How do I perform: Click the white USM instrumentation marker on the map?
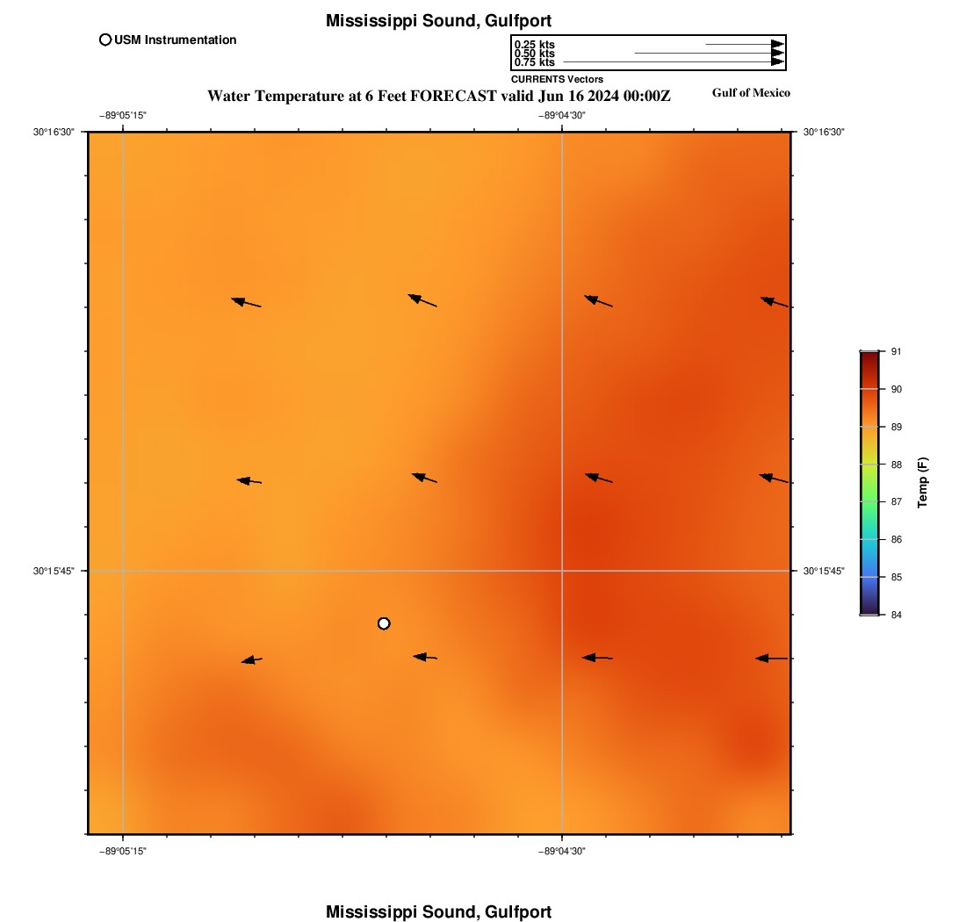[x=384, y=623]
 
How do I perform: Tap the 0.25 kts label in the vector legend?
[x=534, y=45]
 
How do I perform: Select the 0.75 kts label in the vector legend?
[x=534, y=62]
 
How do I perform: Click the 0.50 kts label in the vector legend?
[x=534, y=54]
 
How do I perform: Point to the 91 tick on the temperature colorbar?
[x=896, y=351]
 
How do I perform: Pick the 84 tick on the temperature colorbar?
[x=896, y=615]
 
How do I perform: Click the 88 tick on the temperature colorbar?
[x=896, y=465]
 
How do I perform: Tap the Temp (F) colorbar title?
[x=923, y=483]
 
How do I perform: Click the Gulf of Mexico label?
[x=751, y=93]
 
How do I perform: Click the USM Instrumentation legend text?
[x=175, y=40]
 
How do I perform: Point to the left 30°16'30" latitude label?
[x=54, y=132]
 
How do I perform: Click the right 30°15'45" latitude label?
[x=824, y=571]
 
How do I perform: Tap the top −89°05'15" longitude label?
[x=123, y=115]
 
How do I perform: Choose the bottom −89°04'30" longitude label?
[x=562, y=851]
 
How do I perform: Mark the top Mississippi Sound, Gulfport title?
[x=438, y=20]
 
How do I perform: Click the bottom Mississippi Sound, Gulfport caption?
[x=438, y=911]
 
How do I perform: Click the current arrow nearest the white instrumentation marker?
[x=425, y=657]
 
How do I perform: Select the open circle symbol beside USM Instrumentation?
[x=105, y=40]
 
